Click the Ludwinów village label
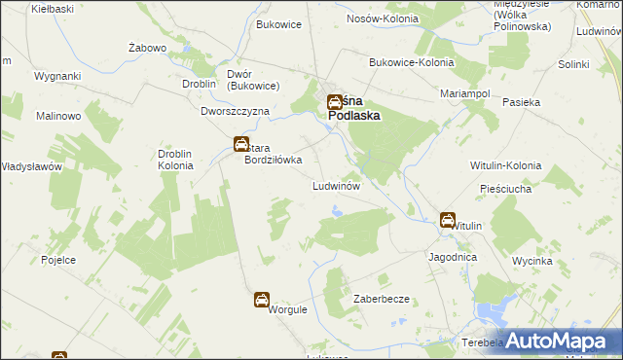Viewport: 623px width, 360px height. pyautogui.click(x=337, y=184)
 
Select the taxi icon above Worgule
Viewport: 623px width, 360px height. pyautogui.click(x=262, y=300)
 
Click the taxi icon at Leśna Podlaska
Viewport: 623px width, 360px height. pyautogui.click(x=334, y=100)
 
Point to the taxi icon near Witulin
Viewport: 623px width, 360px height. pyautogui.click(x=447, y=221)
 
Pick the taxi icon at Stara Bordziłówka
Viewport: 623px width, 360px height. pyautogui.click(x=240, y=145)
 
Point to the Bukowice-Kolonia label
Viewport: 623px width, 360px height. pyautogui.click(x=411, y=62)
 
